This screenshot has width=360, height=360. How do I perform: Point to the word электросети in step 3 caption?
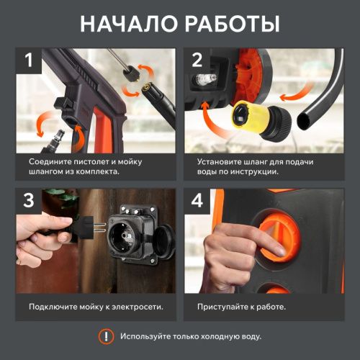click(137, 307)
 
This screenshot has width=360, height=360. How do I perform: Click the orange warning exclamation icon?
click(106, 336)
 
